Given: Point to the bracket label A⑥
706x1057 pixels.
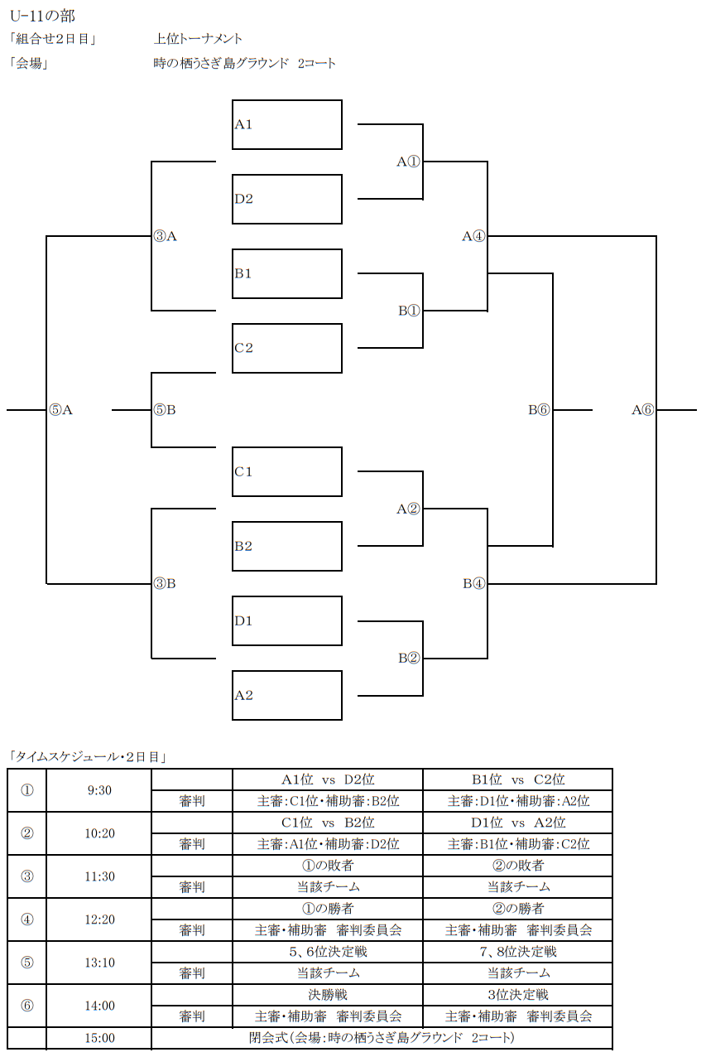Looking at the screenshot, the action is point(642,409).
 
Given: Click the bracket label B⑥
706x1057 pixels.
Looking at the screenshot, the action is point(539,409).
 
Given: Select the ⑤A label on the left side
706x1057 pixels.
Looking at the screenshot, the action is point(61,409).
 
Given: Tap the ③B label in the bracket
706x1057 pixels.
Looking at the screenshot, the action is point(165,584).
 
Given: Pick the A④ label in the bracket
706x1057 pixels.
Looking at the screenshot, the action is point(473,236).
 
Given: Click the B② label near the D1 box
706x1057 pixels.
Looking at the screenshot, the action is point(409,658).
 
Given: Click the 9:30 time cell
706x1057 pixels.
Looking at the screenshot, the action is point(99,790).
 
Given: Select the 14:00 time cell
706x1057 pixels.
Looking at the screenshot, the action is point(99,1006).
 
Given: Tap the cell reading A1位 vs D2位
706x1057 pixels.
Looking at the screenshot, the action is point(328,779).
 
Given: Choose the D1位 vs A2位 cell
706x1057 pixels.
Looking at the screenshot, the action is point(518,823).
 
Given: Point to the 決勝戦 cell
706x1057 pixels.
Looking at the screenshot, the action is point(328,995).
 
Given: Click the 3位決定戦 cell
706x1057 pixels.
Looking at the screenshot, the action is point(518,995).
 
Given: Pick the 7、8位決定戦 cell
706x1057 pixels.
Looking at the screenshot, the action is point(518,952).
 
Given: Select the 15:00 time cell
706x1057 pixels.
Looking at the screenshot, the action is point(99,1038).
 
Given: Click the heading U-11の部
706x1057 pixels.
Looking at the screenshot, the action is point(42,16).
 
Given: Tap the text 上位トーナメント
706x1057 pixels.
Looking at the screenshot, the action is point(198,39).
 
